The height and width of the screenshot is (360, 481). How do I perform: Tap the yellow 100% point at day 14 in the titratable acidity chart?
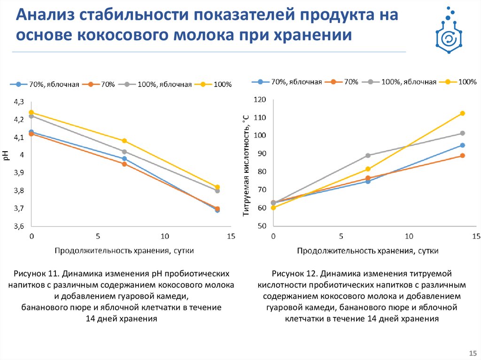(x=462, y=113)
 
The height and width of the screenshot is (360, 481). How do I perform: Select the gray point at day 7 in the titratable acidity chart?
(x=368, y=155)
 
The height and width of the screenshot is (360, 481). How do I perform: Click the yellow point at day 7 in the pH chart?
(x=124, y=141)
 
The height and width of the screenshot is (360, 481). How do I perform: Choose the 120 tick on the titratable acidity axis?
(x=260, y=100)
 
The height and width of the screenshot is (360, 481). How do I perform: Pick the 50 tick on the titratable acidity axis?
(x=262, y=226)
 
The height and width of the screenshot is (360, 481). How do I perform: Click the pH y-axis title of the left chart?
(x=7, y=156)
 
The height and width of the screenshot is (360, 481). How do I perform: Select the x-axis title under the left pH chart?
(x=124, y=251)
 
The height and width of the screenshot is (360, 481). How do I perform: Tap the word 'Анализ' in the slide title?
(x=44, y=15)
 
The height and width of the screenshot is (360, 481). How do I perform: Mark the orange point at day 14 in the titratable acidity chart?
(x=462, y=155)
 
